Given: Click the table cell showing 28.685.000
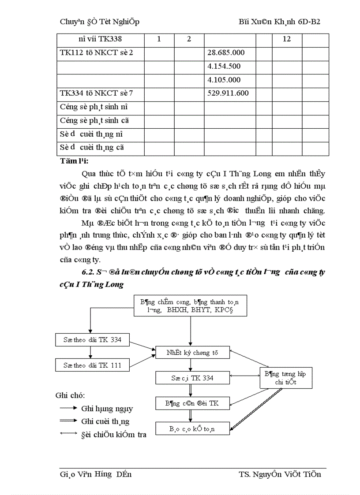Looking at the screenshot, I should coord(226,53).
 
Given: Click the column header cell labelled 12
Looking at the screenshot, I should coord(287,39).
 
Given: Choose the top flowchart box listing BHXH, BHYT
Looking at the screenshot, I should coord(190,305).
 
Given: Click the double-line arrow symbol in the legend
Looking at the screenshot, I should coord(68,421).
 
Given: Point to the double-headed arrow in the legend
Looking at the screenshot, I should coord(68,434).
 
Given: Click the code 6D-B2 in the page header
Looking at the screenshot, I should coord(313,22).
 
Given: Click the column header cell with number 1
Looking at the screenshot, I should coord(159,39).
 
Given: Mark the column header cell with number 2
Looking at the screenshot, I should coord(189,39).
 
